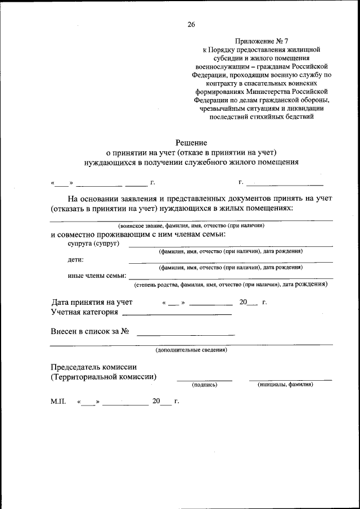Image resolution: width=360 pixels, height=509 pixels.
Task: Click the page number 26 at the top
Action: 191,25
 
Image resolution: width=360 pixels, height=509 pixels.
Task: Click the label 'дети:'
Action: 76,259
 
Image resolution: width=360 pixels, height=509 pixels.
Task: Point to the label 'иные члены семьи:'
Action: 95,276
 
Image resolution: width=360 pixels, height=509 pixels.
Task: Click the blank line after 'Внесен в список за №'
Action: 186,335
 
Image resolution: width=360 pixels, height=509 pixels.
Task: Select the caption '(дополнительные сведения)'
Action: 191,350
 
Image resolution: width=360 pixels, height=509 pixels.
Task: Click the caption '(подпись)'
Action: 205,385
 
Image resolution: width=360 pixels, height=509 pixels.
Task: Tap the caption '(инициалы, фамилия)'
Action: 285,385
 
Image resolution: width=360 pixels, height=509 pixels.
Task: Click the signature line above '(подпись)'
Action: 205,380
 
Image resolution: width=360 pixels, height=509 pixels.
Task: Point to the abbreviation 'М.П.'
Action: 59,402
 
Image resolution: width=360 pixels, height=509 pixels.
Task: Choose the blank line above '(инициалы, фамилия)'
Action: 290,380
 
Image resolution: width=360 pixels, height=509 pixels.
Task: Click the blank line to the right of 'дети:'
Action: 231,262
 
